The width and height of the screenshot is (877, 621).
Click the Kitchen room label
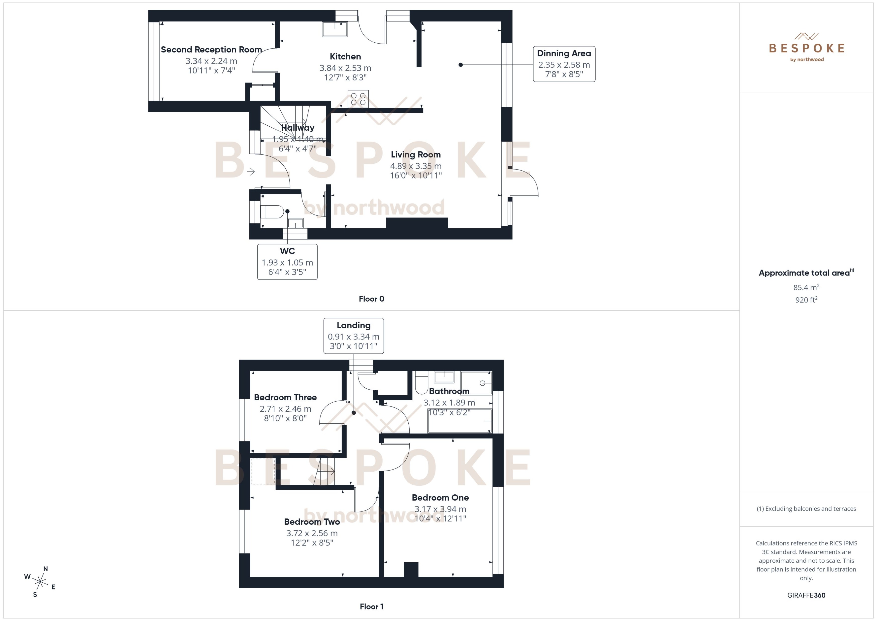tap(345, 57)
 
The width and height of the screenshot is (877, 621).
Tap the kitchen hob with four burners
tap(358, 99)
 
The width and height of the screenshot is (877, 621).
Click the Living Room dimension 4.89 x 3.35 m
tap(416, 166)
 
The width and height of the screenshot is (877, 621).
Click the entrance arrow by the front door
tap(251, 172)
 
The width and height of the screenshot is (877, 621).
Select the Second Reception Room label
tap(211, 50)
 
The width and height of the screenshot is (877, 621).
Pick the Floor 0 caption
tap(371, 299)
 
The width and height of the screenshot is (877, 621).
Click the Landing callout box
tap(354, 335)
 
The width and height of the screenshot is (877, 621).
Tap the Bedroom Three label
tap(285, 397)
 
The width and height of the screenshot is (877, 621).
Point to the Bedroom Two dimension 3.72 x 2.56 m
tap(312, 533)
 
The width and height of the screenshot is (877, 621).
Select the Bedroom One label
tap(440, 497)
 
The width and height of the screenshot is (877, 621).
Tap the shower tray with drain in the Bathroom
tap(476, 383)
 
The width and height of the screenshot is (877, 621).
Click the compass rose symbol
tap(40, 582)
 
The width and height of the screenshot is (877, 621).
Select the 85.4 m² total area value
tap(806, 287)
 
